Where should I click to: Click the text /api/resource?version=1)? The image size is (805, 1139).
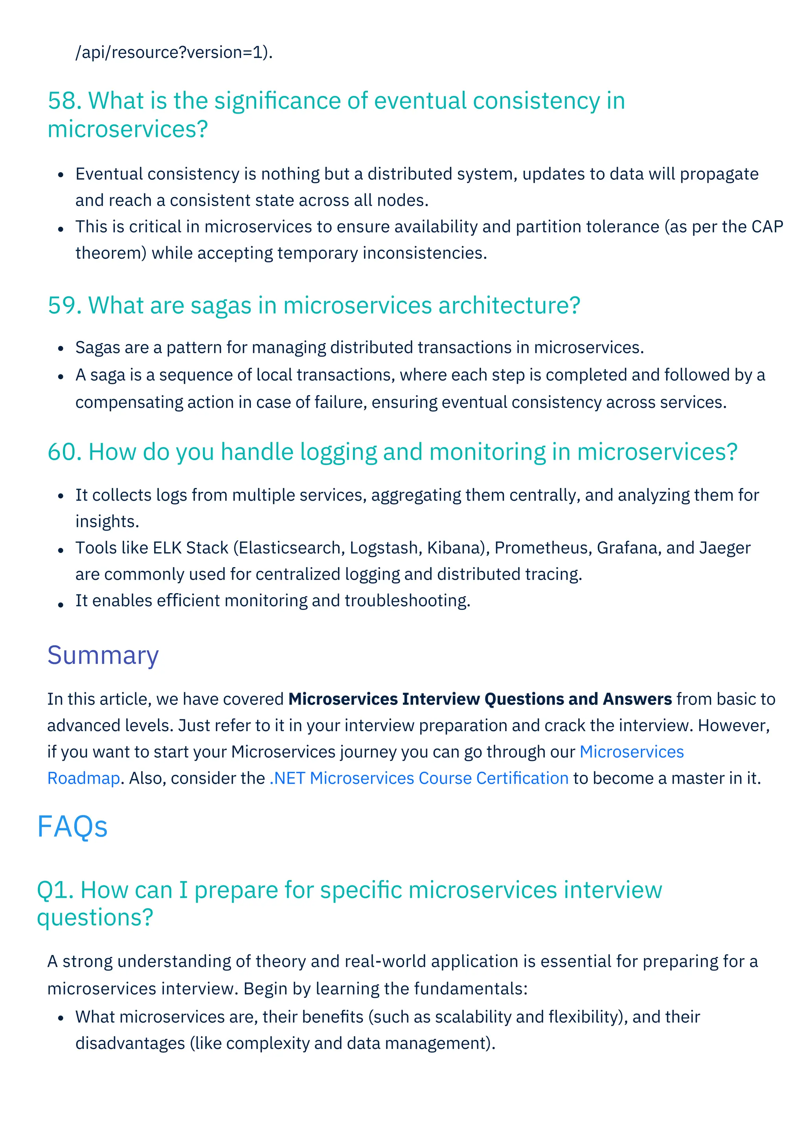[x=173, y=52]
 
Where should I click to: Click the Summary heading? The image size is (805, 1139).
[x=103, y=655]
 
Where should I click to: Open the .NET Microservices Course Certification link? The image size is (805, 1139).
[x=419, y=778]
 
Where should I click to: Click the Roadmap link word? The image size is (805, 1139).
[x=84, y=778]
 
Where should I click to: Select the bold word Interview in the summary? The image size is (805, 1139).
[x=441, y=699]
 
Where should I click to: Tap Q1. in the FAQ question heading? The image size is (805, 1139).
[x=55, y=890]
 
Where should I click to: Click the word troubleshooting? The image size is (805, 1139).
[x=407, y=601]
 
